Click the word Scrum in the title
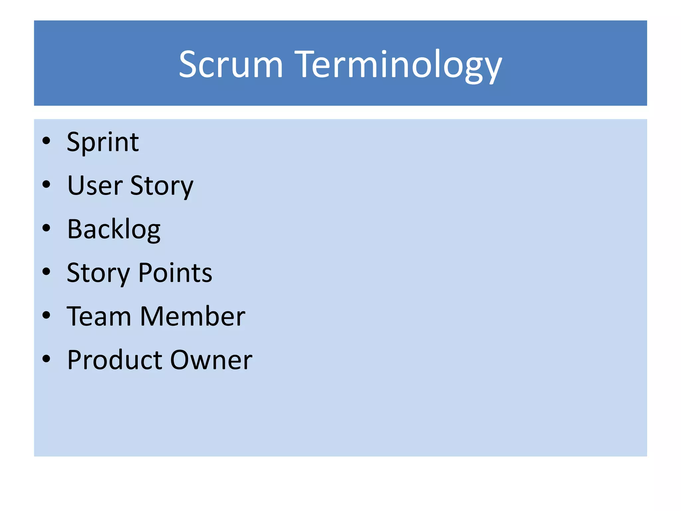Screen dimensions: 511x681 [231, 64]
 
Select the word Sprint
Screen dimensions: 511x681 [103, 142]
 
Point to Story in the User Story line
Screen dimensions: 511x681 [162, 186]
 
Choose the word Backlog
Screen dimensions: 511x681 [114, 230]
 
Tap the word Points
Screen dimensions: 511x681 [175, 273]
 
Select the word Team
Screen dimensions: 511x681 [99, 316]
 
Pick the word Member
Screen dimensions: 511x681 [193, 316]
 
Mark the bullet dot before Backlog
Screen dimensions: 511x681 [46, 228]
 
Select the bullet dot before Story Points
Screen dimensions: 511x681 [46, 272]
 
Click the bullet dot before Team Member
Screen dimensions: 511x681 [46, 315]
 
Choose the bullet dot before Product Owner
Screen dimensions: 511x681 [46, 359]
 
